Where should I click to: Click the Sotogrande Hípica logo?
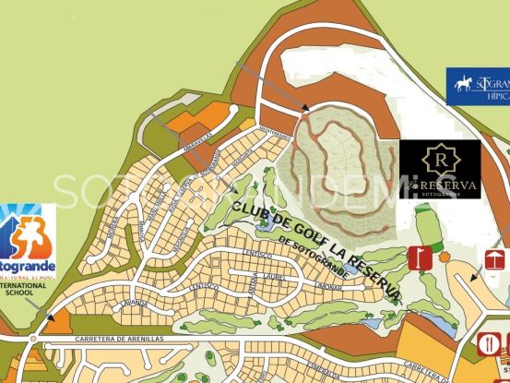(x=479, y=85)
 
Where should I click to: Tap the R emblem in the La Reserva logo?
(x=439, y=159)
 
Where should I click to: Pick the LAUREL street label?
(x=274, y=276)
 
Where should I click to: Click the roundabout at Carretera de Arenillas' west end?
(x=34, y=339)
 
